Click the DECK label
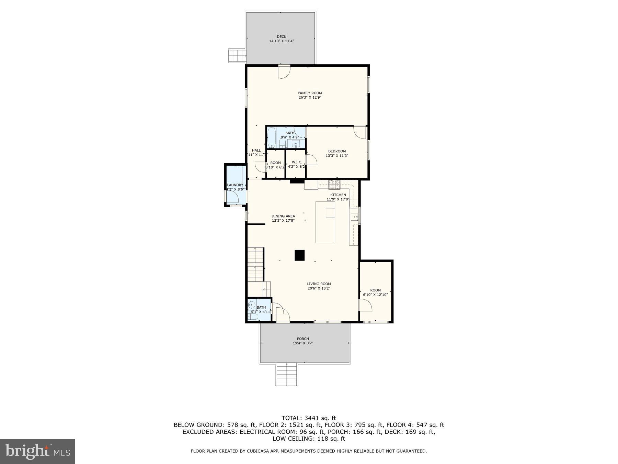(281, 37)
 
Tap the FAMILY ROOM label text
(310, 93)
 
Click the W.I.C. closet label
(297, 162)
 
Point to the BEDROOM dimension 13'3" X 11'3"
(337, 156)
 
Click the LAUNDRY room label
(236, 185)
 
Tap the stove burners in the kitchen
(334, 185)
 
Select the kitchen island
(325, 222)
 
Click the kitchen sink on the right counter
(354, 217)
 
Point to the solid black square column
(299, 255)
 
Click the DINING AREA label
(283, 216)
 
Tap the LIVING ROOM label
(319, 284)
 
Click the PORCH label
(303, 339)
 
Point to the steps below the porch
(286, 375)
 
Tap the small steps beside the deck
(237, 55)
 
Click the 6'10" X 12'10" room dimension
(375, 295)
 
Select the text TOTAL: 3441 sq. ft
(309, 418)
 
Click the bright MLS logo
(37, 451)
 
